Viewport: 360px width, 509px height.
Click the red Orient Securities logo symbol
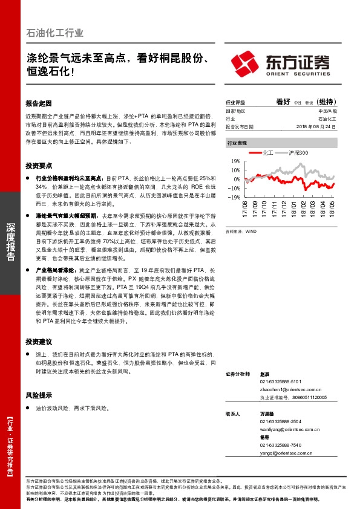(x=246, y=63)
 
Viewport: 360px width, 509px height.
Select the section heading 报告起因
(x=39, y=103)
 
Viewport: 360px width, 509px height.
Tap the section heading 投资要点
(x=39, y=165)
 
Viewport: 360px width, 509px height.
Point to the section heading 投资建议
(x=39, y=341)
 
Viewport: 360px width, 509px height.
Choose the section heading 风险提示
(x=39, y=395)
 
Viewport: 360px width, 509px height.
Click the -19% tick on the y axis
(x=235, y=196)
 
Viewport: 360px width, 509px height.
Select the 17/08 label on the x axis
(x=246, y=212)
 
